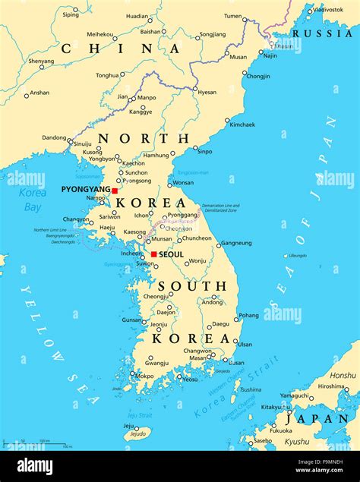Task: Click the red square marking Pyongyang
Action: (x=115, y=191)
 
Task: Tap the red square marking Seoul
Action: (x=153, y=254)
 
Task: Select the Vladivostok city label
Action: (x=328, y=10)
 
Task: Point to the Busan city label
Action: (x=236, y=363)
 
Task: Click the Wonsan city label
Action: (x=183, y=183)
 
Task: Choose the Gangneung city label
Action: (x=235, y=244)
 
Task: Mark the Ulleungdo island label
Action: (x=298, y=255)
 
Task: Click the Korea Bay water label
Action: (x=32, y=200)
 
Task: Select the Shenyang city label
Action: (x=41, y=61)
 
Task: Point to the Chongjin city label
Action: (x=257, y=76)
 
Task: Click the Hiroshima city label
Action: (x=330, y=386)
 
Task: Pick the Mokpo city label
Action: (x=144, y=376)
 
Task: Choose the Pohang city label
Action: (x=248, y=315)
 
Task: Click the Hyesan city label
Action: (x=207, y=93)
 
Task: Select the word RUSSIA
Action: (x=322, y=33)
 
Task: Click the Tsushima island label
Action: (x=250, y=389)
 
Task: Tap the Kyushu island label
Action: (x=297, y=442)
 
